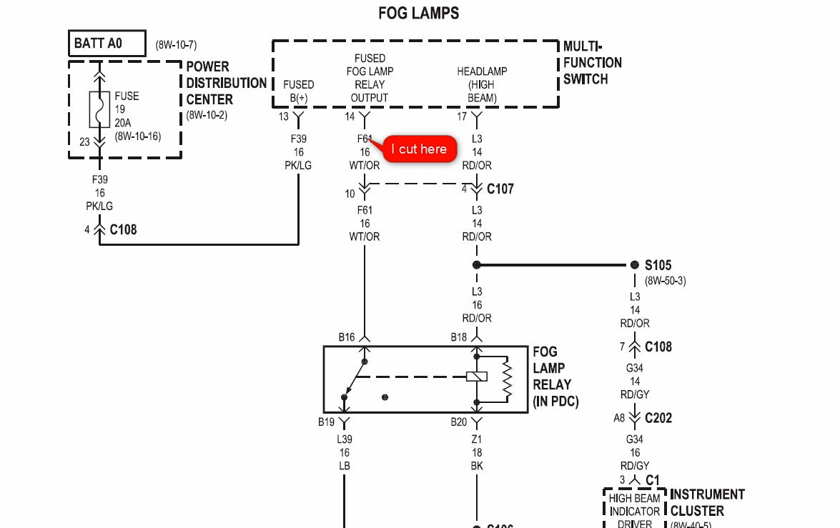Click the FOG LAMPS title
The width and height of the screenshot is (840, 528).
pyautogui.click(x=418, y=13)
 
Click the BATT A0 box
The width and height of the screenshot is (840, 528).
pyautogui.click(x=107, y=44)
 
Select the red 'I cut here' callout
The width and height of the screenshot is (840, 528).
pyautogui.click(x=420, y=149)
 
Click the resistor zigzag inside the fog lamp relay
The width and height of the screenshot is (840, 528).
pyautogui.click(x=508, y=378)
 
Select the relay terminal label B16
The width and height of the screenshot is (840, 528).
pyautogui.click(x=347, y=337)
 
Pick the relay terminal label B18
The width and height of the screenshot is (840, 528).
pyautogui.click(x=458, y=337)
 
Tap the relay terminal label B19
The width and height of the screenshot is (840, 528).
pyautogui.click(x=327, y=422)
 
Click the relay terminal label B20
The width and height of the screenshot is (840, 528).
pyautogui.click(x=458, y=422)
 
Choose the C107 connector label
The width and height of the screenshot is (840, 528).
pyautogui.click(x=500, y=189)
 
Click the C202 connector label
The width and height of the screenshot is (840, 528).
pyautogui.click(x=658, y=418)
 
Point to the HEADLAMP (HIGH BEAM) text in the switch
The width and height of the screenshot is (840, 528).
pyautogui.click(x=482, y=84)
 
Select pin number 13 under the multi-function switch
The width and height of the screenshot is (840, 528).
pyautogui.click(x=284, y=116)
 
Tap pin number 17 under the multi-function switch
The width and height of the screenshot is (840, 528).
pyautogui.click(x=463, y=116)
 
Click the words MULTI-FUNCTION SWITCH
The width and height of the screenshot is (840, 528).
pyautogui.click(x=592, y=63)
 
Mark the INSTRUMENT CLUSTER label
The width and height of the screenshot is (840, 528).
pyautogui.click(x=706, y=502)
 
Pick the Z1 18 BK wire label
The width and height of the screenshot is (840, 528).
pyautogui.click(x=477, y=452)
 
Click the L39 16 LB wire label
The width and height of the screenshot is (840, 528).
pyautogui.click(x=345, y=452)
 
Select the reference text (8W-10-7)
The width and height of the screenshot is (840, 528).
pyautogui.click(x=176, y=44)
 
